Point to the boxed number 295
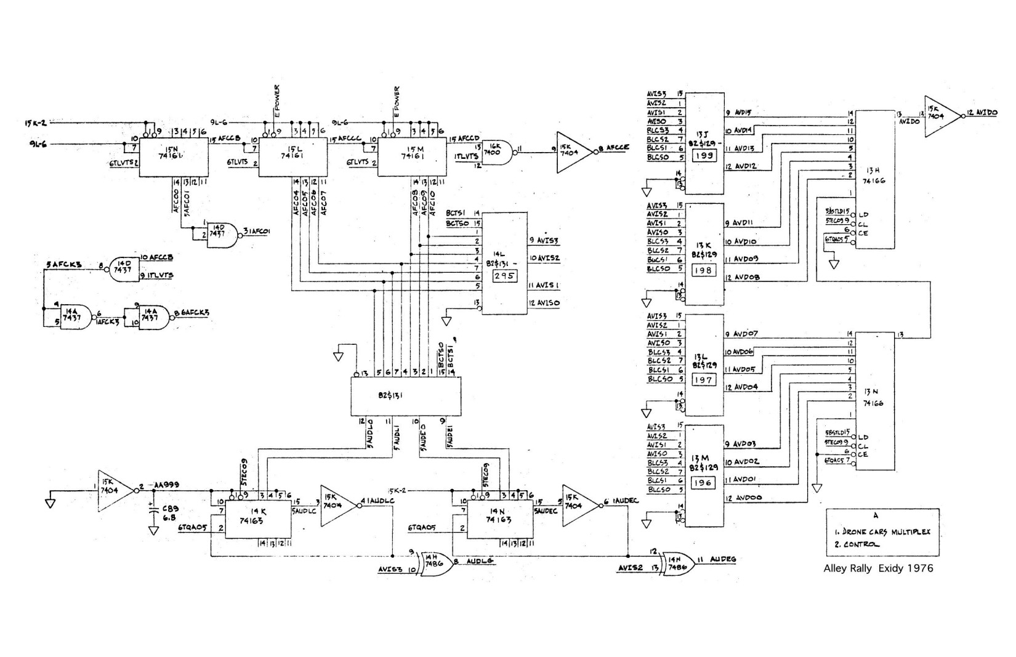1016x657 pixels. (x=505, y=276)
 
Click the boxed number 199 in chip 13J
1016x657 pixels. (x=704, y=156)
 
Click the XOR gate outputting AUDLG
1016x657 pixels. (x=436, y=562)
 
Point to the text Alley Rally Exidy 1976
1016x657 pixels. (x=878, y=568)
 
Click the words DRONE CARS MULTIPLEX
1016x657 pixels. (x=887, y=531)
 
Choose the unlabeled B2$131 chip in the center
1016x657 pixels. (x=405, y=396)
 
